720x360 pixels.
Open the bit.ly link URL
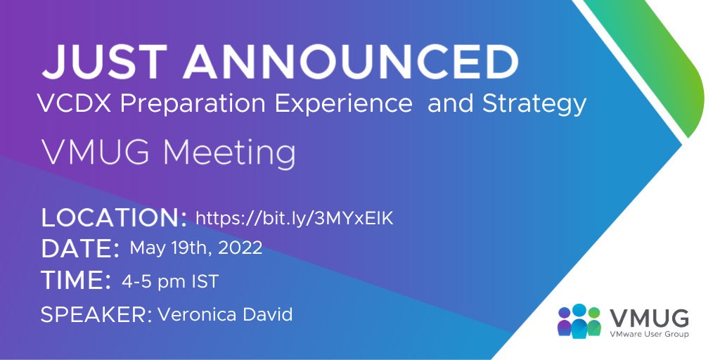pyautogui.click(x=294, y=218)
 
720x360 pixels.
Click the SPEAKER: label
pyautogui.click(x=96, y=314)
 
